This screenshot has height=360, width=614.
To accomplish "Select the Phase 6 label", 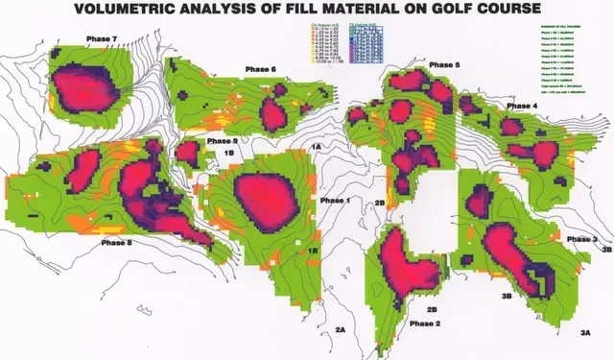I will pyautogui.click(x=260, y=69).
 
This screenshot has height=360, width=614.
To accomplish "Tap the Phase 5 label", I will pyautogui.click(x=444, y=63).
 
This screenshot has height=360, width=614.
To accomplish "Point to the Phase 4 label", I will pyautogui.click(x=523, y=105).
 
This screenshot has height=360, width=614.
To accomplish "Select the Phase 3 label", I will pyautogui.click(x=581, y=237).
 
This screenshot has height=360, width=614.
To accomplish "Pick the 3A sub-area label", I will pyautogui.click(x=586, y=330).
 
